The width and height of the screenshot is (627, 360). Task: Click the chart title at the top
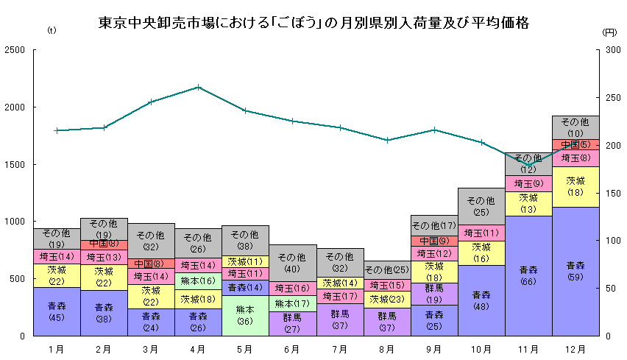[313, 23]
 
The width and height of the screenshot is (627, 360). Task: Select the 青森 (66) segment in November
[528, 275]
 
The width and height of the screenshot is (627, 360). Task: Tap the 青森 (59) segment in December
[575, 271]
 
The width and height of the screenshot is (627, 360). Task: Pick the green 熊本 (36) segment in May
[245, 315]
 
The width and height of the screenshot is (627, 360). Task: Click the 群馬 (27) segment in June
[292, 323]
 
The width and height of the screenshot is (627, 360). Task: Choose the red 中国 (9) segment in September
[434, 241]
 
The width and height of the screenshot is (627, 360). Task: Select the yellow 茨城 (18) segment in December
[575, 186]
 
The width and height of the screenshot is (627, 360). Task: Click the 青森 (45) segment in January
[57, 311]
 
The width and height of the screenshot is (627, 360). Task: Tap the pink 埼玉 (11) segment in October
[481, 233]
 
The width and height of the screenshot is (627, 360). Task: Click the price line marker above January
[57, 130]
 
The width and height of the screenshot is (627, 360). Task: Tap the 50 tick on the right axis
[611, 288]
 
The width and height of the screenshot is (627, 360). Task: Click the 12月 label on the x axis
[575, 348]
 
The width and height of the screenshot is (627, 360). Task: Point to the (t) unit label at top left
[51, 32]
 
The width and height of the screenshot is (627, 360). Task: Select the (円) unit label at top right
[608, 32]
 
